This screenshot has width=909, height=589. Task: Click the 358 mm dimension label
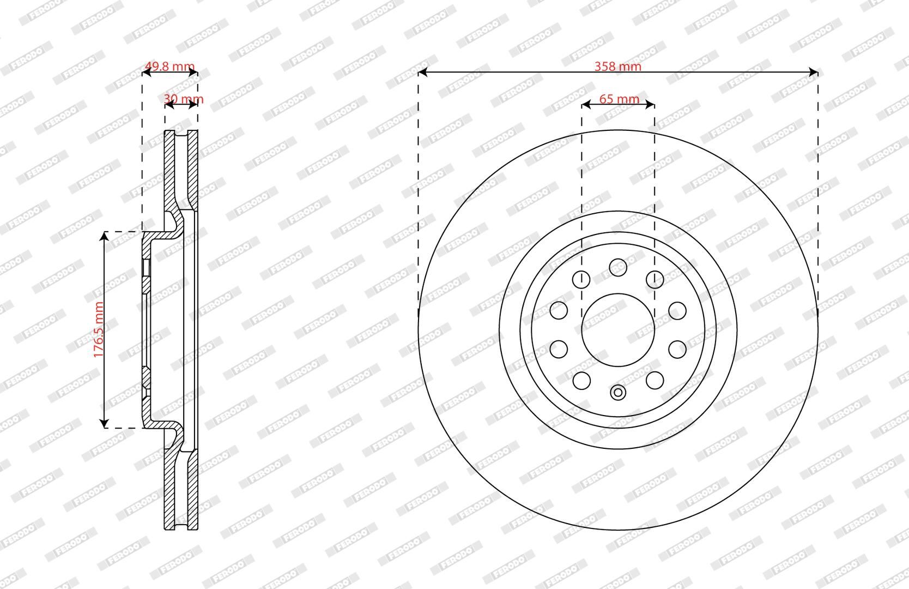617,66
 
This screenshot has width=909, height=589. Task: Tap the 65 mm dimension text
619,99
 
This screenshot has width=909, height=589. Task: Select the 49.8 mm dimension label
169,66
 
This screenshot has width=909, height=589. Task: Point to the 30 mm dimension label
184,99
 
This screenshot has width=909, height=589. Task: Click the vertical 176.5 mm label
99,329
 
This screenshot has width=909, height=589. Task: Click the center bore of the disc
618,330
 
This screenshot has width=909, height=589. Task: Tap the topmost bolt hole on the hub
618,267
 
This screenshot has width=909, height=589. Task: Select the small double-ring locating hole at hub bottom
618,393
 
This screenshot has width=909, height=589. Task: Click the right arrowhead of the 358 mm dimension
813,73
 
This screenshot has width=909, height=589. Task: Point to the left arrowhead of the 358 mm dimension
423,73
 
